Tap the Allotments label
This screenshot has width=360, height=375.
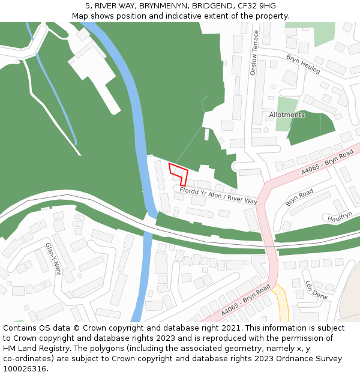287,115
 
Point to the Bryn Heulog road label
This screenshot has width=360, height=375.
303,64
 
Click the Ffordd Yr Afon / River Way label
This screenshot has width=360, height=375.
218,196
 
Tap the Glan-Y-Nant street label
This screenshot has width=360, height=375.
54,259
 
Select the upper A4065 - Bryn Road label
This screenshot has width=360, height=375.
327,163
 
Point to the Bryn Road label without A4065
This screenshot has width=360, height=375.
299,198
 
